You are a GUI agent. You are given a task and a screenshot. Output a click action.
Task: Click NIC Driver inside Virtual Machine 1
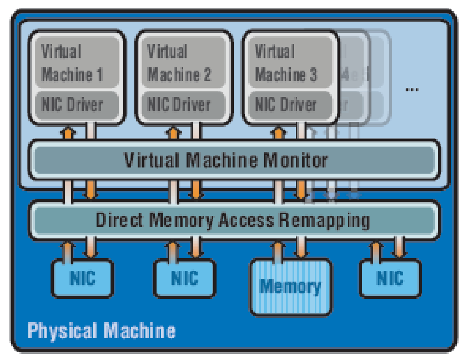72,105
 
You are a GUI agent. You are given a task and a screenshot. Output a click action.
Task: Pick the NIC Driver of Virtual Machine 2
179,105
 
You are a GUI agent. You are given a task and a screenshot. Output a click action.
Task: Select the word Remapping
324,220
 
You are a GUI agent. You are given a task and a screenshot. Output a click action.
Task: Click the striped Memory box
290,286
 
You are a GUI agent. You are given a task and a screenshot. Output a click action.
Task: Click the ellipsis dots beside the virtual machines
412,89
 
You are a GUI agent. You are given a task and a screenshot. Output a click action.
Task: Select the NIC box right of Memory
390,278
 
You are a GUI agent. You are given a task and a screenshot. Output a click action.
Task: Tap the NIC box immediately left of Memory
184,278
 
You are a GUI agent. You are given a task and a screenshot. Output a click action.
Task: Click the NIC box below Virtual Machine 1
82,278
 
